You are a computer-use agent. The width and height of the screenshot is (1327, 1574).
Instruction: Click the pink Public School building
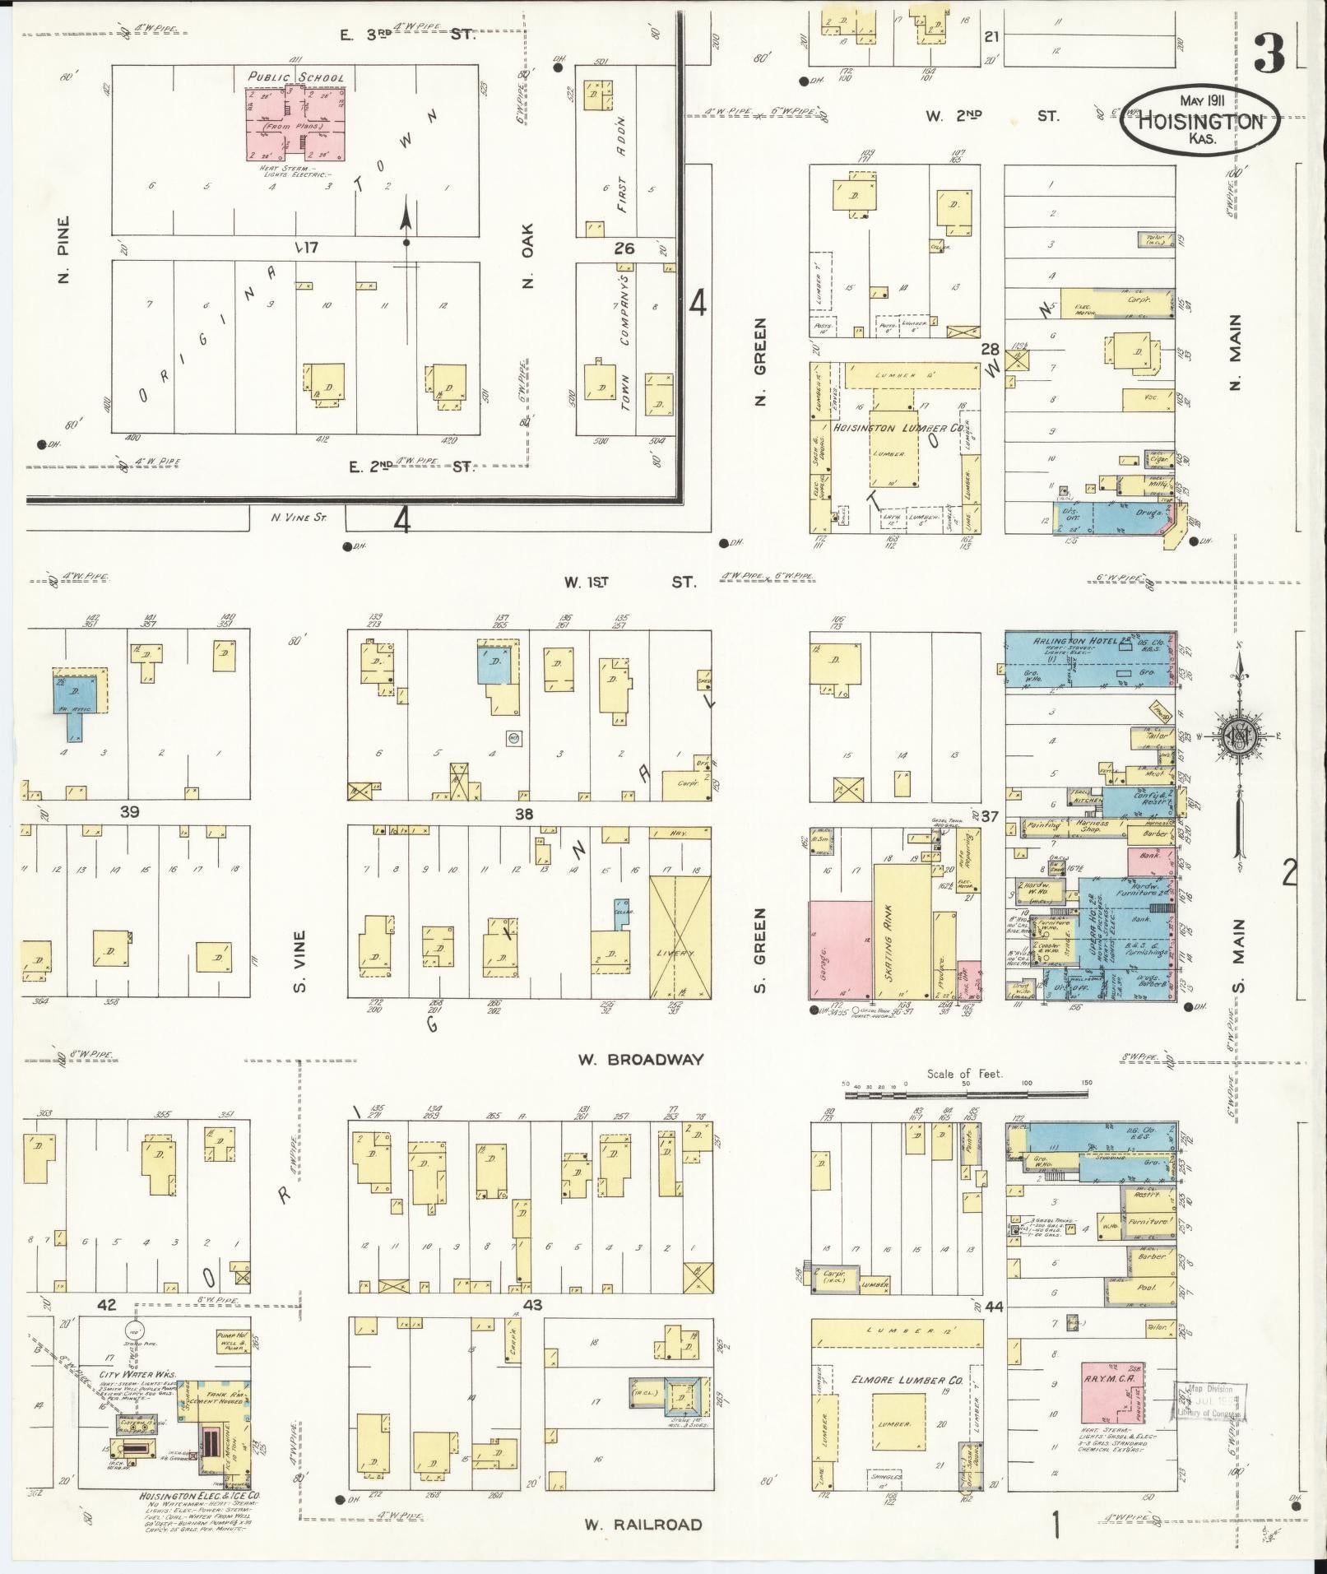pyautogui.click(x=297, y=123)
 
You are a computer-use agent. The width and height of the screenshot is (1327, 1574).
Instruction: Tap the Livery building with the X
pyautogui.click(x=680, y=937)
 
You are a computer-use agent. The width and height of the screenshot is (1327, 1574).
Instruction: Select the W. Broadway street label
pyautogui.click(x=640, y=1059)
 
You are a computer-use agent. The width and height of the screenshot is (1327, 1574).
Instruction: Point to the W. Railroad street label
pyautogui.click(x=643, y=1525)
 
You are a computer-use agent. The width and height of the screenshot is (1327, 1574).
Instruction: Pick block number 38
pyautogui.click(x=524, y=814)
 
